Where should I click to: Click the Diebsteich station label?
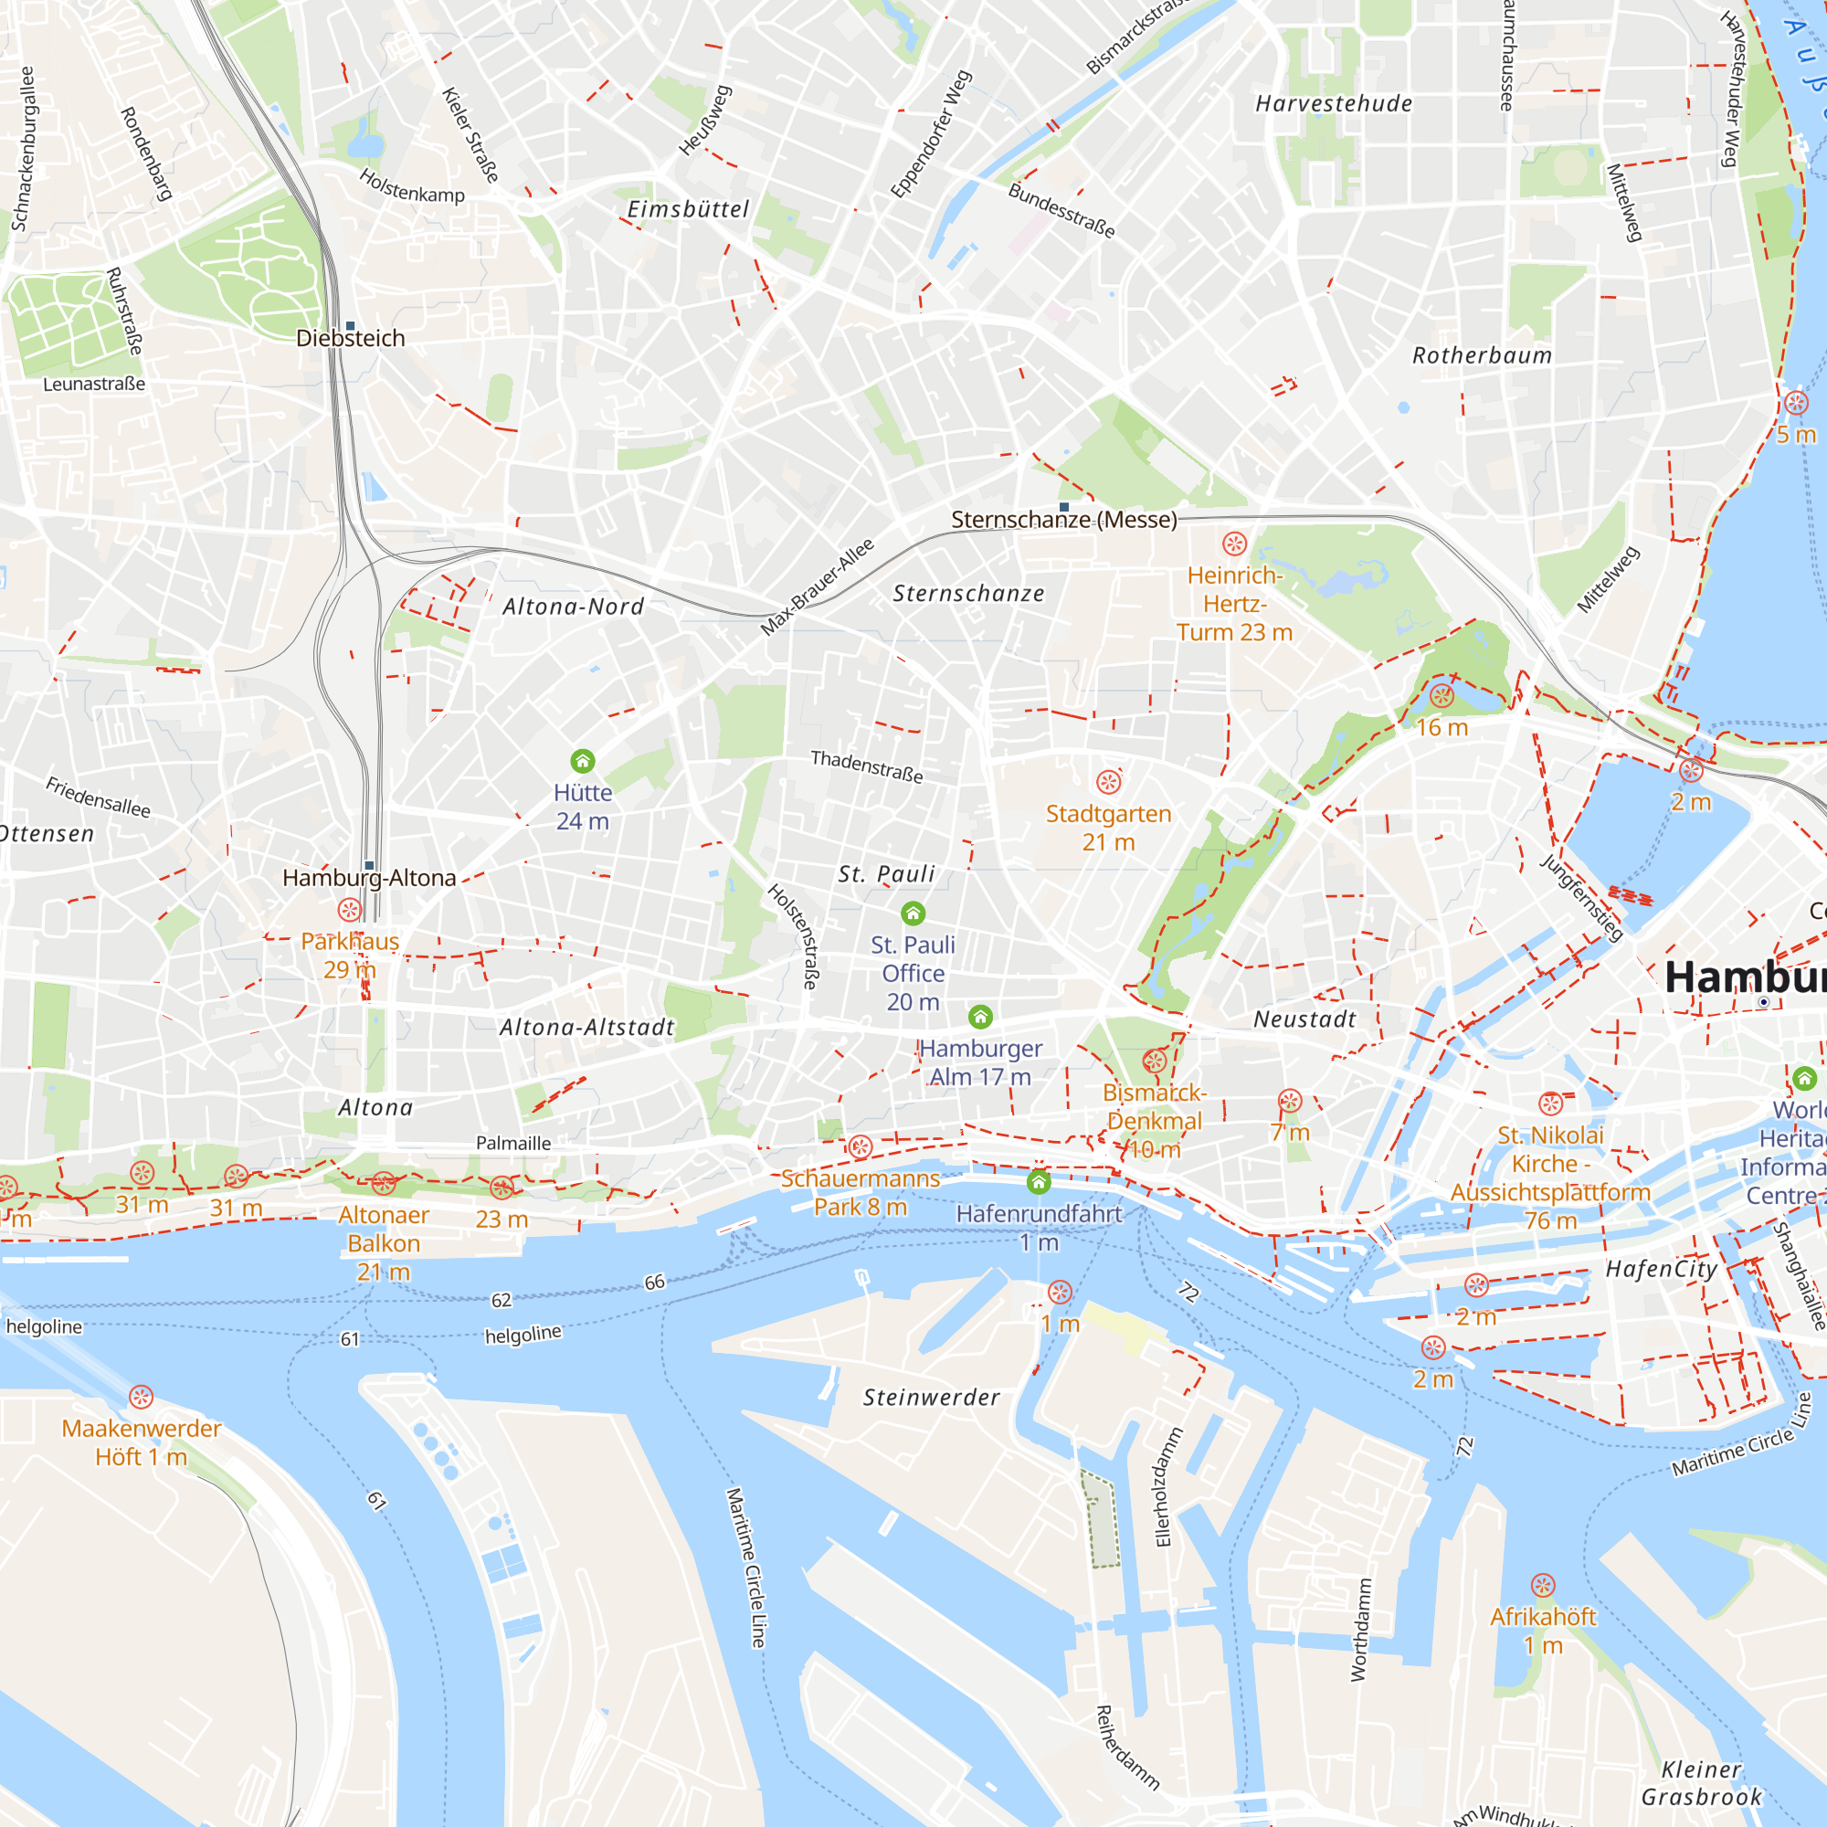click(350, 339)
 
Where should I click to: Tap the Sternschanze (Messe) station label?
click(1064, 520)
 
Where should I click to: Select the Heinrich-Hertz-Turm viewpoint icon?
click(1234, 544)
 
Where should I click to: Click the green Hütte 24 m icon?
click(583, 761)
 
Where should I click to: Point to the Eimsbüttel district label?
click(688, 210)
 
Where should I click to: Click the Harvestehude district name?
click(1334, 104)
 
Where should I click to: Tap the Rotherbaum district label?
click(1482, 356)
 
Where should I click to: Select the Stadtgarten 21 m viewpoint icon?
click(1108, 782)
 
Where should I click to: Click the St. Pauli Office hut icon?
click(913, 913)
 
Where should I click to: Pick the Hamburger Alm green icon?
click(980, 1018)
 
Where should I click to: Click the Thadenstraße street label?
click(866, 766)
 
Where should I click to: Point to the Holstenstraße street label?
click(792, 936)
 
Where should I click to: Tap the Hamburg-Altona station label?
click(369, 879)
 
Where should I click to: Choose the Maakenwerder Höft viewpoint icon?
click(141, 1397)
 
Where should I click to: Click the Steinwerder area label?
click(931, 1398)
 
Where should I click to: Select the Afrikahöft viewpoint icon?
click(1542, 1585)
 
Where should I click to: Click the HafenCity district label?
click(1661, 1269)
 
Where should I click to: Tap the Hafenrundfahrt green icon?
click(1039, 1182)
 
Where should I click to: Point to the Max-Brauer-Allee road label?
click(817, 587)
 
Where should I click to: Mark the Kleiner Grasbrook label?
click(1701, 1782)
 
